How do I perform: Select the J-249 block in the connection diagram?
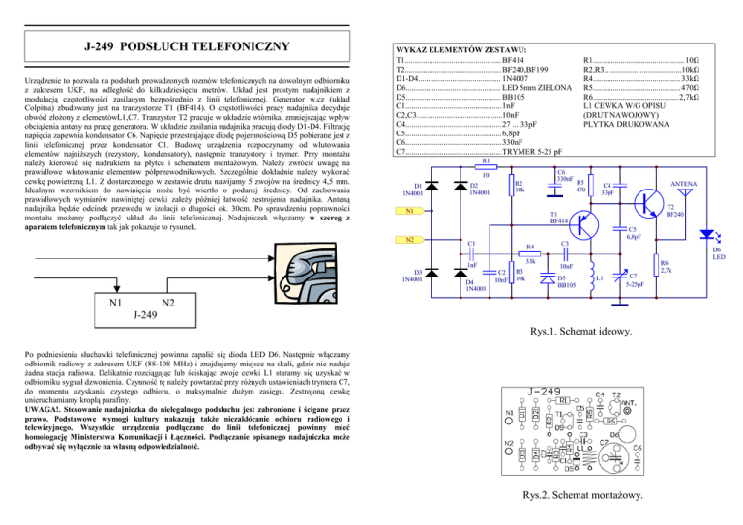118,312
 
